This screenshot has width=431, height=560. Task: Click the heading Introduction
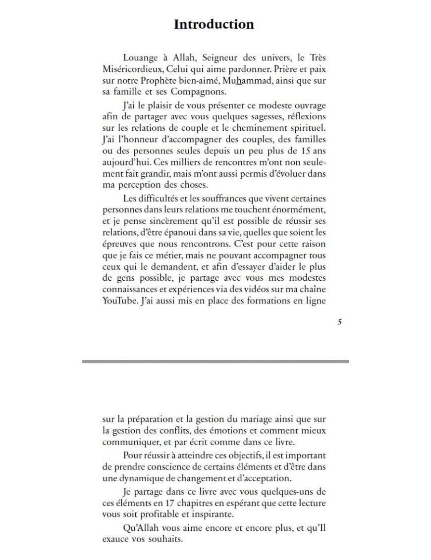coord(214,24)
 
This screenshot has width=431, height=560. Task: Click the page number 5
coord(339,322)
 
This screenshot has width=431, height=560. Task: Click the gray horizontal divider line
coord(215,361)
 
